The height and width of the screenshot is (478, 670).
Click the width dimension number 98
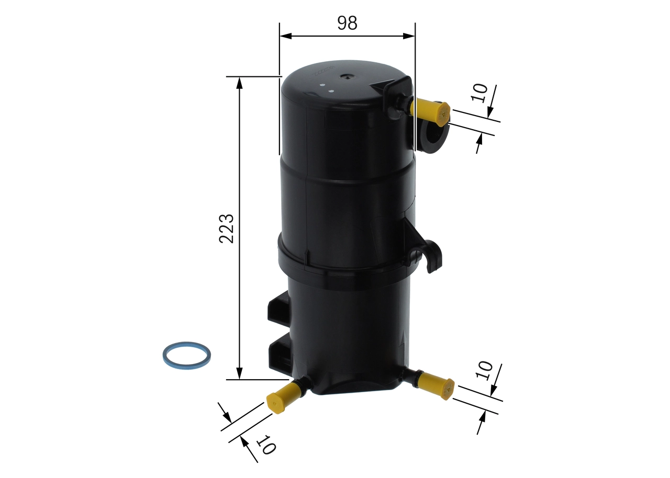coord(347,22)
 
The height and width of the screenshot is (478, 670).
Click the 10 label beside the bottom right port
coord(485,370)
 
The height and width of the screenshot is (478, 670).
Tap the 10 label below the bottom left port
coord(265,445)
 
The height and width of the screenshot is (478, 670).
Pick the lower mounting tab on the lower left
coord(279,353)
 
